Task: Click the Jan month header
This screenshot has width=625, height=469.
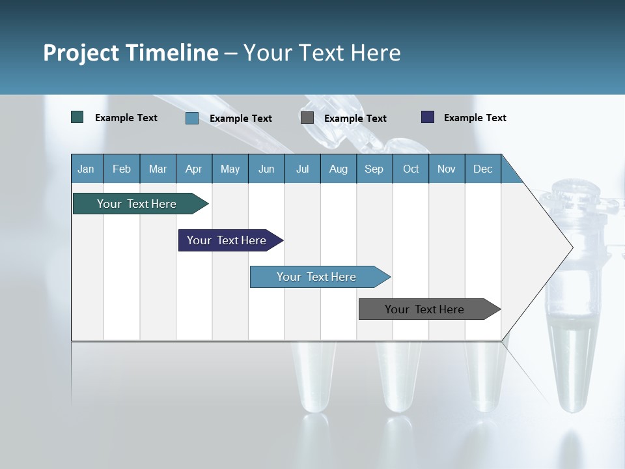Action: coord(86,169)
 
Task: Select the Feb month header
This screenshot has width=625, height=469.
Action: coord(122,169)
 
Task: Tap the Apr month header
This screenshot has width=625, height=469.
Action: coord(193,169)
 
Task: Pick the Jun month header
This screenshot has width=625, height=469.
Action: coord(266,169)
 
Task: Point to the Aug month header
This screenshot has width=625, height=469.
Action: coord(338,169)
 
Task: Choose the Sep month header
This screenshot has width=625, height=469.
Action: coord(374,169)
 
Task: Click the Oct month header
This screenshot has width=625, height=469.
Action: coord(411,169)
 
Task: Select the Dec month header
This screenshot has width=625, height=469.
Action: coord(482,169)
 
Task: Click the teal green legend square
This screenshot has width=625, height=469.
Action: coord(77,117)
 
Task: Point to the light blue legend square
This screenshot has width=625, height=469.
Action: coord(192,118)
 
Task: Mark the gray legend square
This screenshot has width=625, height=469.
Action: coord(307,118)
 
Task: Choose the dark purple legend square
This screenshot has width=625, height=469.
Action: coord(428,117)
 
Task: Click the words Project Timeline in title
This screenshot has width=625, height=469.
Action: coord(131,53)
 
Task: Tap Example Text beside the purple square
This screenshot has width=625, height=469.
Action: coord(475,118)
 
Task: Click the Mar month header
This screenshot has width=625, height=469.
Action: coord(158,169)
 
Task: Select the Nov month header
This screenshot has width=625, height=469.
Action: coord(447,169)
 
